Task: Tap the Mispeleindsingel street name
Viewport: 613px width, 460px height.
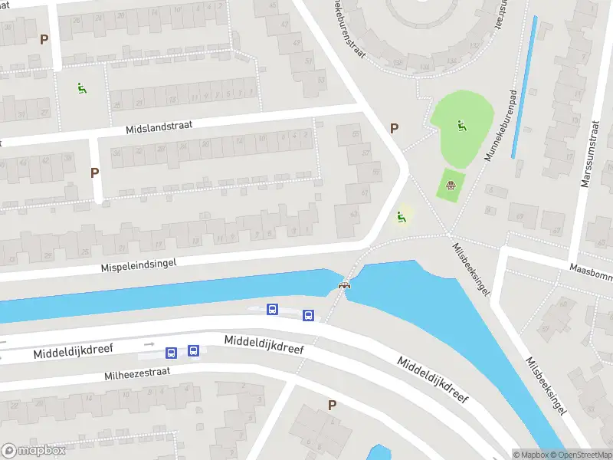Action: point(139,264)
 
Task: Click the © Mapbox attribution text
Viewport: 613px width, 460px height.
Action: point(529,454)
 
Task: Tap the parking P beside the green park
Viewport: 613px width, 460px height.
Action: point(395,129)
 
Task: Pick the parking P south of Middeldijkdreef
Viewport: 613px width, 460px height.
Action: point(332,405)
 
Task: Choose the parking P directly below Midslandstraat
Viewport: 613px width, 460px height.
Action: point(94,172)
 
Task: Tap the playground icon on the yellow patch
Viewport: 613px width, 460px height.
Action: point(400,217)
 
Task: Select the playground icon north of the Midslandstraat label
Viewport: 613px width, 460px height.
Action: point(81,88)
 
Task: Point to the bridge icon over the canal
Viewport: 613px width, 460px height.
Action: point(345,285)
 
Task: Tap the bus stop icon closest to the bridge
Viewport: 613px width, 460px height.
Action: point(308,314)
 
